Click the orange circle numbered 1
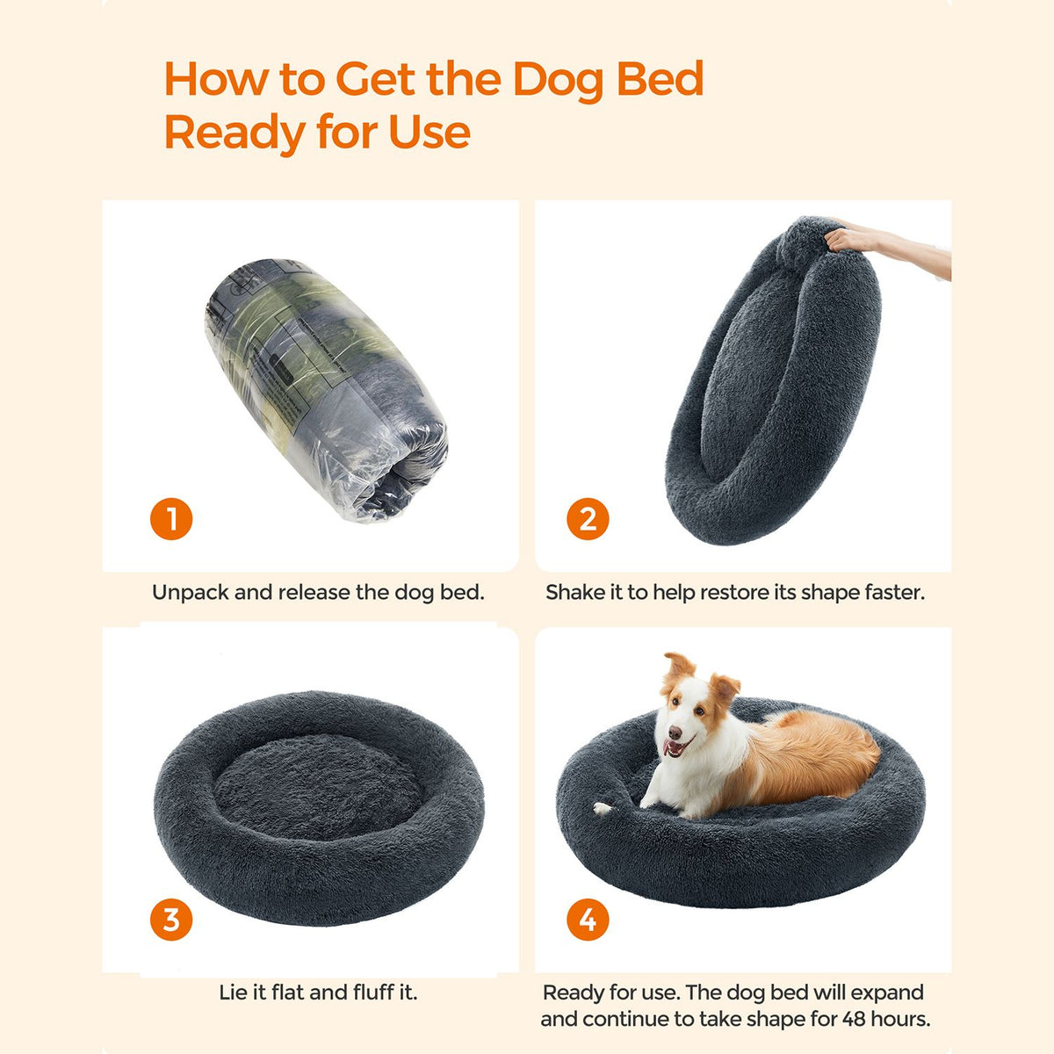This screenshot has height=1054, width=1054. click(171, 518)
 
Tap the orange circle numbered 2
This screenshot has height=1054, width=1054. click(588, 518)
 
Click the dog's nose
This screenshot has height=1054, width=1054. click(675, 733)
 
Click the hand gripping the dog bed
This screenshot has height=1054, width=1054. click(847, 240)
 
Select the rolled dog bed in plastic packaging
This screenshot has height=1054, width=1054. click(327, 389)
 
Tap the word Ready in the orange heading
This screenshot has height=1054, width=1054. click(235, 134)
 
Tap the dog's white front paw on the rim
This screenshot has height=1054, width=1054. click(602, 808)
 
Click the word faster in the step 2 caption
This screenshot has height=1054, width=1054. click(895, 592)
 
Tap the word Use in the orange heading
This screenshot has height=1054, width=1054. click(430, 134)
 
